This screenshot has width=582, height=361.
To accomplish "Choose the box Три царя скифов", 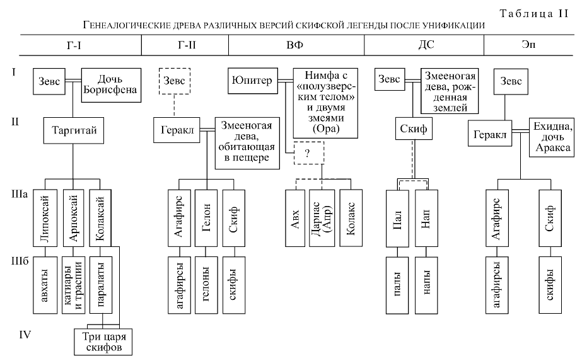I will point(103,341).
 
